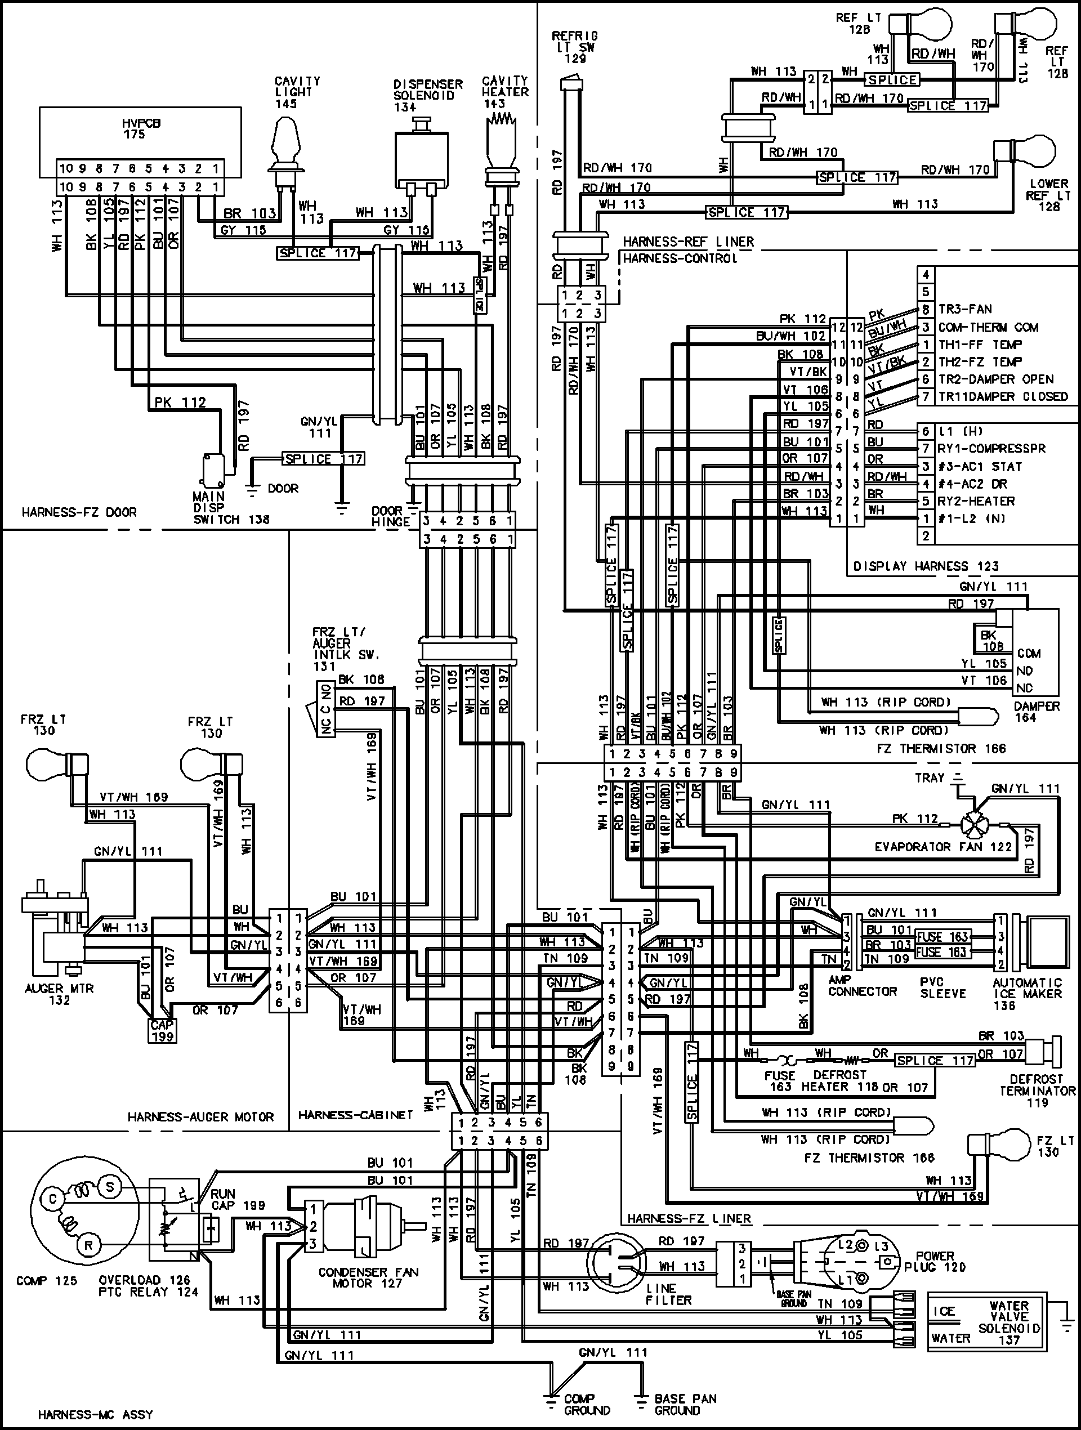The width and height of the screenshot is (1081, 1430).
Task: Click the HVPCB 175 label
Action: tap(141, 129)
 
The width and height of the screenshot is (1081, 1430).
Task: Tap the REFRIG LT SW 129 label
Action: tap(574, 47)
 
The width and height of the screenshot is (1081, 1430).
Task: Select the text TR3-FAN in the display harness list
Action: tap(964, 309)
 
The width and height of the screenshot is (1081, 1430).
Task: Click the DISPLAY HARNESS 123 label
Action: tap(926, 566)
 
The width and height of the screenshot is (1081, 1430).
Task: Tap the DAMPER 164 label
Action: tap(1037, 712)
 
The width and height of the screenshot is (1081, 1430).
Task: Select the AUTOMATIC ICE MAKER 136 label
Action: tap(1028, 994)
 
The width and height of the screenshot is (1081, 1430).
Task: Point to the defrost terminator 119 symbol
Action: tap(1042, 1052)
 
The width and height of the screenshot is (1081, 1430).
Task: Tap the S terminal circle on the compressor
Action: tap(110, 1186)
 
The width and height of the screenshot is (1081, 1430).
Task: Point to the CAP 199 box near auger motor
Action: tap(161, 1030)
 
